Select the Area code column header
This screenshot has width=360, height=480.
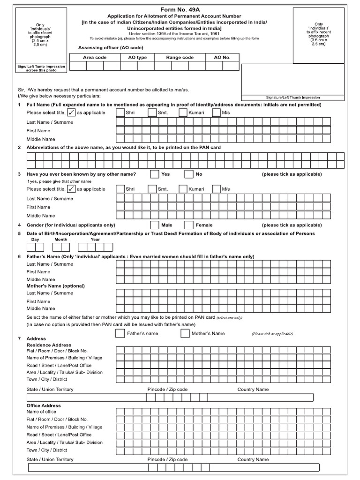click(95, 57)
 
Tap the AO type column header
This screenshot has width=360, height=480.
click(137, 57)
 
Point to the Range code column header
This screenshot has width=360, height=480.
click(180, 57)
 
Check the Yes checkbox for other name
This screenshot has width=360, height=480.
click(155, 174)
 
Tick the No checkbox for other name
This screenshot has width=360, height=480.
click(188, 174)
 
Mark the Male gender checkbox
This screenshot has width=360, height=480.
click(155, 225)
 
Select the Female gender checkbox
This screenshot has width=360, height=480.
click(188, 225)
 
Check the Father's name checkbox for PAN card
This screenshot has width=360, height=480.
click(120, 334)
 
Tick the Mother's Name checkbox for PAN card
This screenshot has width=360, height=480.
click(185, 334)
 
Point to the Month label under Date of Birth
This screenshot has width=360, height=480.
click(61, 239)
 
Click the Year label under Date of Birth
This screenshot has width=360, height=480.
click(95, 239)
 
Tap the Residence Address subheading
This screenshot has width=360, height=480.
click(49, 345)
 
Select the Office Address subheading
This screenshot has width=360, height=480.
click(44, 405)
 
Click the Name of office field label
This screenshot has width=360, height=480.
click(41, 412)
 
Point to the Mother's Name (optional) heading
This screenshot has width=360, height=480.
click(55, 285)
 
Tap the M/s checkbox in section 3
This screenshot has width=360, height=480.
click(216, 189)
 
